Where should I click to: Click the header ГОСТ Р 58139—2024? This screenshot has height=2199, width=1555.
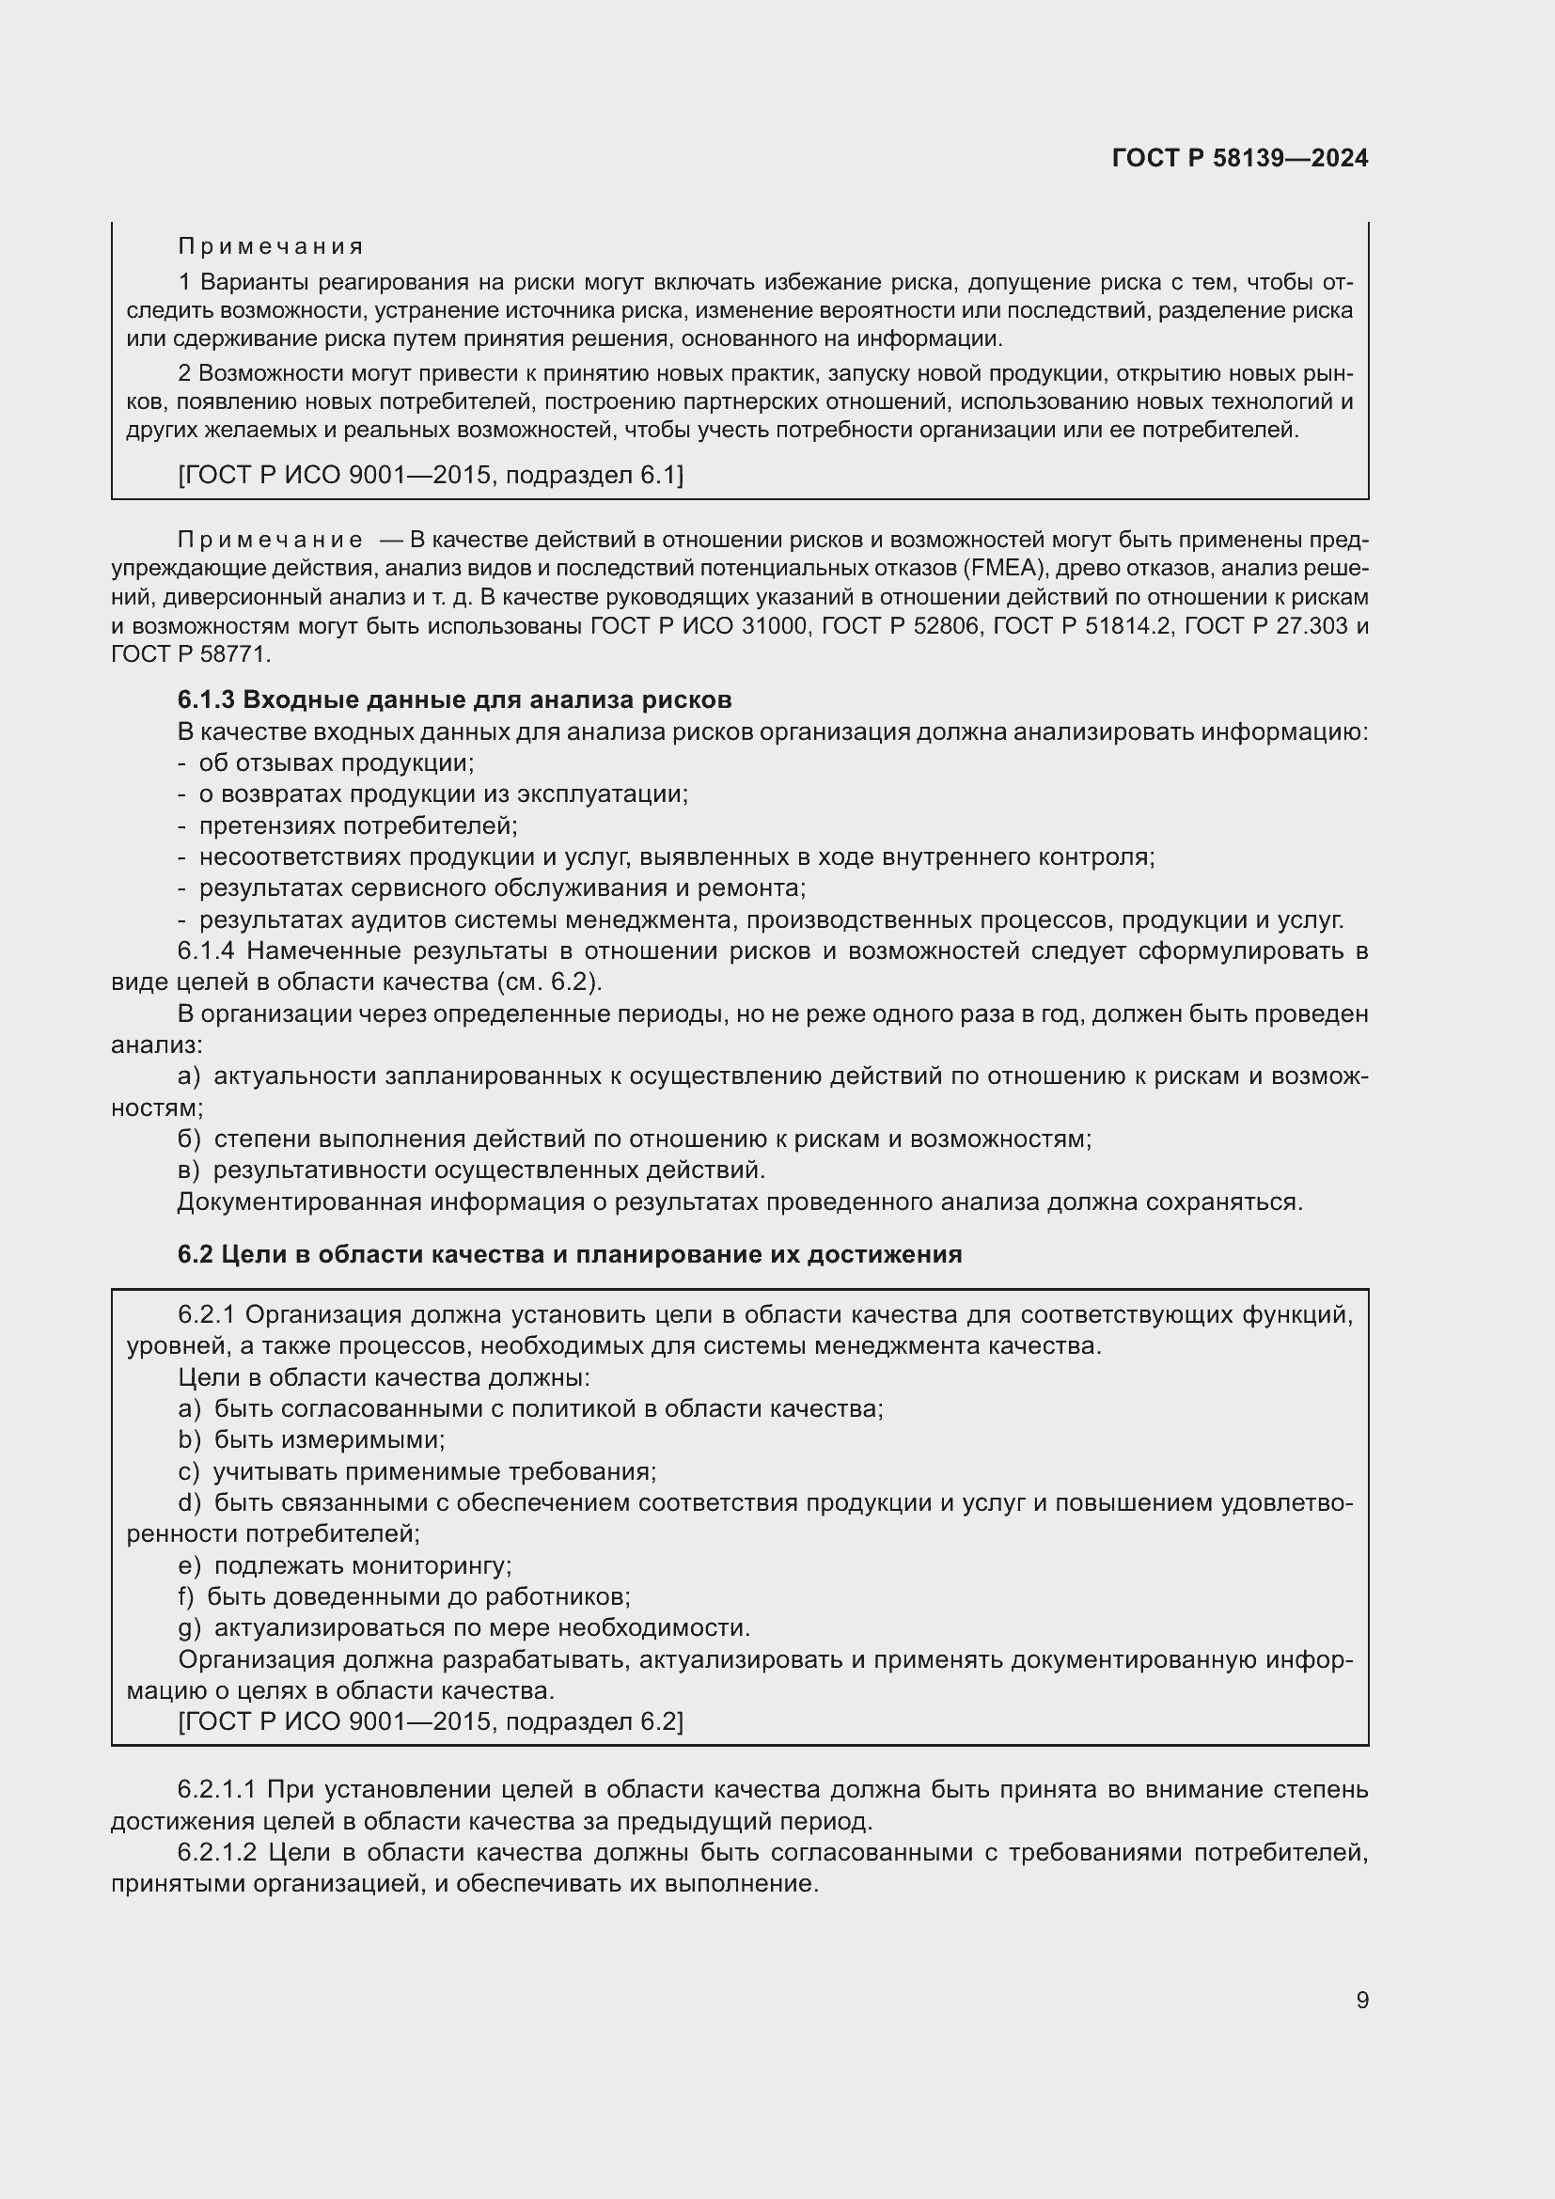pyautogui.click(x=1240, y=158)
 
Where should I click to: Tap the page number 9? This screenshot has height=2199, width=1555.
pyautogui.click(x=1361, y=2000)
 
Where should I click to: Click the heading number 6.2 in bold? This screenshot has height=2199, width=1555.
pyautogui.click(x=195, y=1254)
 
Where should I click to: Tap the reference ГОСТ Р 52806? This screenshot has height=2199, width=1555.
pyautogui.click(x=895, y=625)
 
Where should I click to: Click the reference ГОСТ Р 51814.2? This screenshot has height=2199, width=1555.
pyautogui.click(x=1083, y=625)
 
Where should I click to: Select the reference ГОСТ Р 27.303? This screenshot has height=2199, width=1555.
pyautogui.click(x=1264, y=625)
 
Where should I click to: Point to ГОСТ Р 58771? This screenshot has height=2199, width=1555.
pyautogui.click(x=191, y=654)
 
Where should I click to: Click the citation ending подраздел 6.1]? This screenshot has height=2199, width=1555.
pyautogui.click(x=431, y=475)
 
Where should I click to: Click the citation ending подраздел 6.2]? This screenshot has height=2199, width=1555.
pyautogui.click(x=431, y=1748)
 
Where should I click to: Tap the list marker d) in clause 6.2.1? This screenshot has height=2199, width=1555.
pyautogui.click(x=190, y=1502)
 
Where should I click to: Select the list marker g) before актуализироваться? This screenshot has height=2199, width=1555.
pyautogui.click(x=190, y=1627)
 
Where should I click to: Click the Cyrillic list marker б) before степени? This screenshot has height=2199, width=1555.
pyautogui.click(x=189, y=1139)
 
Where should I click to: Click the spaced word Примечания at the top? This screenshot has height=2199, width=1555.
pyautogui.click(x=271, y=247)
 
